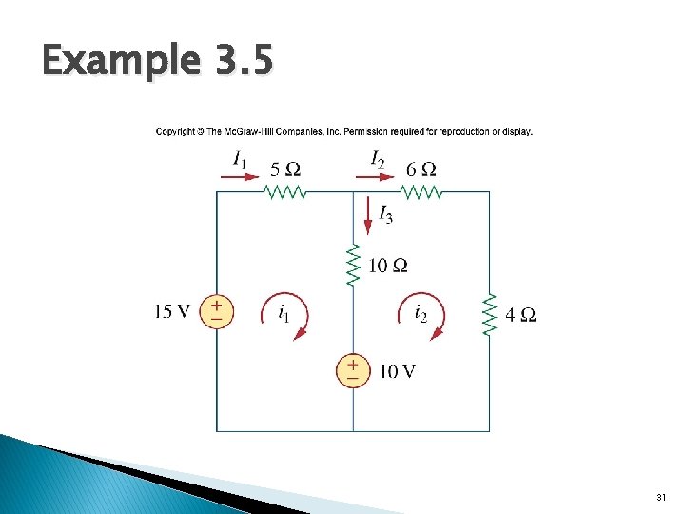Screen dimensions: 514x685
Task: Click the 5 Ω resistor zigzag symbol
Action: click(x=285, y=192)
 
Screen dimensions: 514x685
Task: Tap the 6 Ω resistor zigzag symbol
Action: click(x=421, y=192)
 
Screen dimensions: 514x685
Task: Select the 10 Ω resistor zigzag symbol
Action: click(x=354, y=266)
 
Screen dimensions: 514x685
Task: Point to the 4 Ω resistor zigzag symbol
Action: click(x=490, y=314)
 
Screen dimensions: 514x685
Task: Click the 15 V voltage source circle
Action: click(x=217, y=311)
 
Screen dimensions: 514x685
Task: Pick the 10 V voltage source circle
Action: click(x=353, y=370)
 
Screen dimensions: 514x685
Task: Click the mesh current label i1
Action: click(x=284, y=311)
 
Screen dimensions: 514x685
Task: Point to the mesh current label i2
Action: click(x=421, y=311)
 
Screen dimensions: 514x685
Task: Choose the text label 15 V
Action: click(x=172, y=311)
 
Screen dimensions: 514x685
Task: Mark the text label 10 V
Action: click(x=397, y=371)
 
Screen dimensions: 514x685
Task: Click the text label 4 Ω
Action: click(x=520, y=314)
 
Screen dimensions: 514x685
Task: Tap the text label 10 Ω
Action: click(x=388, y=265)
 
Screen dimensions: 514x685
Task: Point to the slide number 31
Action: click(x=662, y=498)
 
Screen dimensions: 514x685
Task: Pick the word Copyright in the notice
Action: click(x=178, y=131)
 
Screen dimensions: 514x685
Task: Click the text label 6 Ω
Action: click(x=421, y=169)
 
